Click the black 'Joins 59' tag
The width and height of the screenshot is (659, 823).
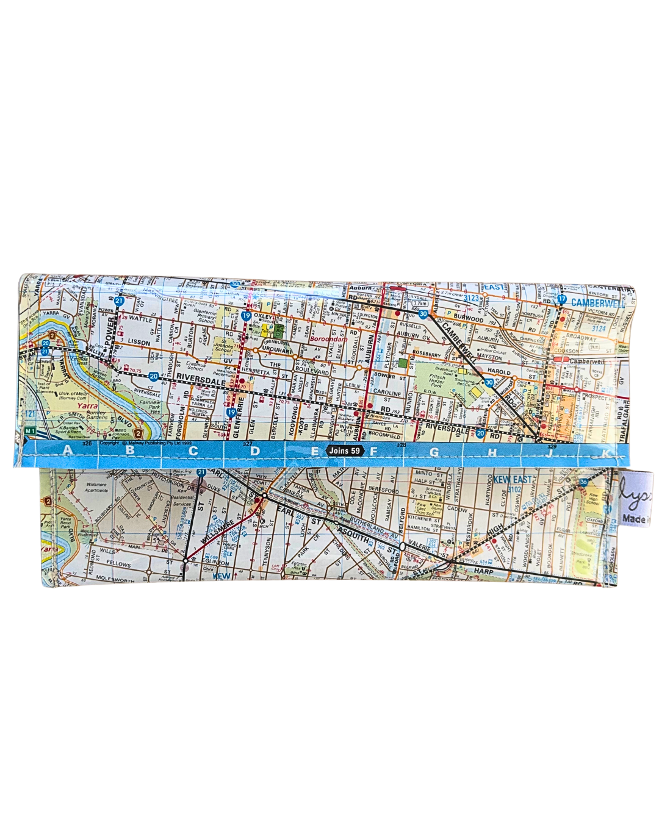(x=345, y=451)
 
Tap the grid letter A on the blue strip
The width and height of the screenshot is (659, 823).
(x=67, y=451)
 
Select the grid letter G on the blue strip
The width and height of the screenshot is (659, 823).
(x=434, y=452)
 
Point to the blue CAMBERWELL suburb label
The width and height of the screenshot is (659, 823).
(x=598, y=302)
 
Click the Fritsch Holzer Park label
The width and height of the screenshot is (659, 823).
(x=437, y=381)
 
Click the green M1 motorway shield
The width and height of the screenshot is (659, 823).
(x=31, y=431)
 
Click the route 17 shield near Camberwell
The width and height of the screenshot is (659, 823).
(x=562, y=300)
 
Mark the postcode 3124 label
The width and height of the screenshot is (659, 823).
(x=599, y=329)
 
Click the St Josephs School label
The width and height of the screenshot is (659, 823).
(x=223, y=347)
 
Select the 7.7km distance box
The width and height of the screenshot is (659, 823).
(x=419, y=303)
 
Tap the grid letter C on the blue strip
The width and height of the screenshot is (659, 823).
(x=193, y=451)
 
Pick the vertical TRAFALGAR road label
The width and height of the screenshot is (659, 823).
(x=624, y=419)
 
